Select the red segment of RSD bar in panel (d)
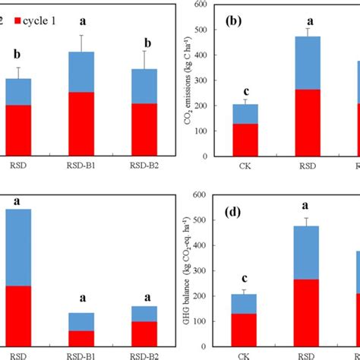307,313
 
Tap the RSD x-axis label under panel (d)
307,356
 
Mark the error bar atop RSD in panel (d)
307,222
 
